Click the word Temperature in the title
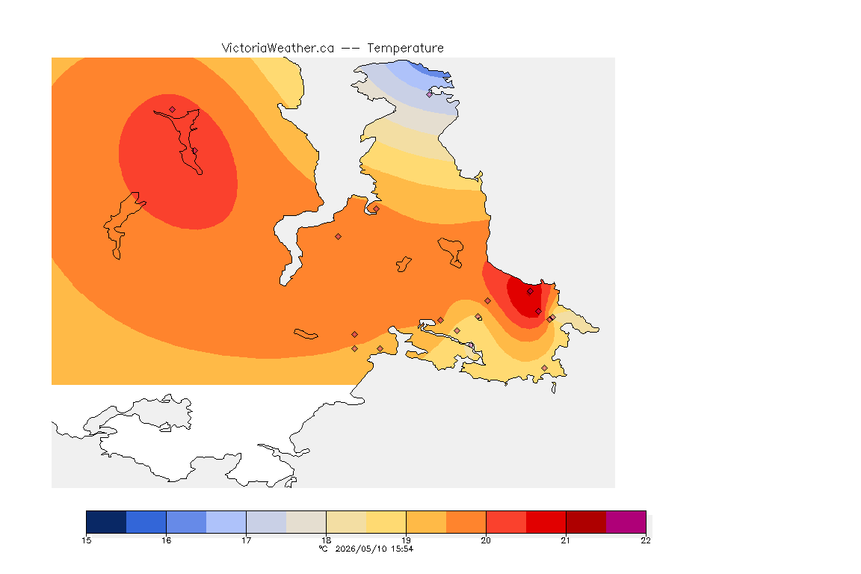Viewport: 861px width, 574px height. click(x=405, y=49)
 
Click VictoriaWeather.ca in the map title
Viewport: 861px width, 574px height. click(x=278, y=49)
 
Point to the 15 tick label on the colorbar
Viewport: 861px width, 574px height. click(x=86, y=540)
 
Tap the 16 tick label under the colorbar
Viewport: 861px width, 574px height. click(x=167, y=540)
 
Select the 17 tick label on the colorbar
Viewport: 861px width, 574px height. click(x=246, y=540)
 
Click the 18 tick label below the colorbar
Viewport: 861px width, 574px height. click(x=326, y=540)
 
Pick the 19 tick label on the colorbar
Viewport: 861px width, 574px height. click(x=406, y=540)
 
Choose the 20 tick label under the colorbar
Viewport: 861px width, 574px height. click(x=486, y=540)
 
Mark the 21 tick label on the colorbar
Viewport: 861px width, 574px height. click(x=566, y=540)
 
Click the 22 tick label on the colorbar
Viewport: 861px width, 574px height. click(x=646, y=540)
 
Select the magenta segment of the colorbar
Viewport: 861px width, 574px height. click(x=626, y=522)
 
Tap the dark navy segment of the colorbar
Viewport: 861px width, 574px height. click(x=107, y=522)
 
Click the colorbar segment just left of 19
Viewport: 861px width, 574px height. click(x=386, y=522)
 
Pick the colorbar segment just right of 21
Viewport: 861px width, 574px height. click(x=586, y=522)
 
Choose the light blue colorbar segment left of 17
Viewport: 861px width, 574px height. click(x=226, y=522)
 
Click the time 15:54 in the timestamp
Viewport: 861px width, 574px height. click(x=402, y=549)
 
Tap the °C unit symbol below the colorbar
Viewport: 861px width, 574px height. click(x=323, y=549)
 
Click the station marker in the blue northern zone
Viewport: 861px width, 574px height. click(x=430, y=94)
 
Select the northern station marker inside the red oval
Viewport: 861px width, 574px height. click(x=173, y=110)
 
